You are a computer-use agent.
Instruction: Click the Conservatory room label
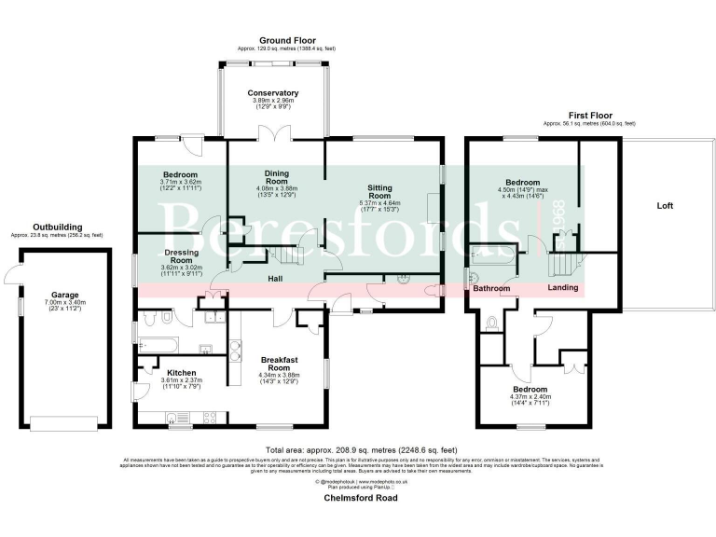pos(272,93)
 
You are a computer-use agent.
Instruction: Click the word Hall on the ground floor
pos(275,279)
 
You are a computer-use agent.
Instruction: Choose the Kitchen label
pos(180,372)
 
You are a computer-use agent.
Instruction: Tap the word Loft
pos(664,205)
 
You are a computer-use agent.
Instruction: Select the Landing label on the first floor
pos(562,288)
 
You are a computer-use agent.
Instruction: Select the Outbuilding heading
pos(57,227)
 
